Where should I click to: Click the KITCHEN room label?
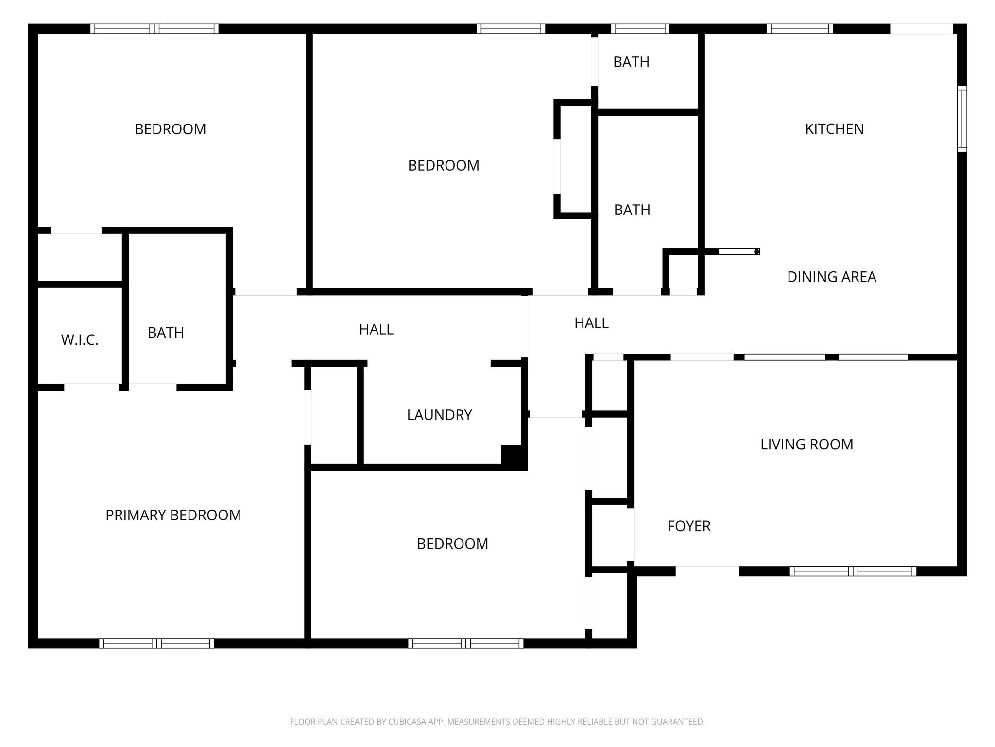[x=834, y=129]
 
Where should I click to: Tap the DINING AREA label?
[x=831, y=277]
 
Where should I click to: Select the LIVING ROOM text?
[x=806, y=445]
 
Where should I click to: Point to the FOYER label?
[x=688, y=526]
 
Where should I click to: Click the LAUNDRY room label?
[x=439, y=415]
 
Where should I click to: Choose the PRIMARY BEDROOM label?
[x=173, y=515]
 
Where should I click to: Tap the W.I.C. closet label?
[x=80, y=340]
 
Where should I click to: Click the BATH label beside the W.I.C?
[x=166, y=333]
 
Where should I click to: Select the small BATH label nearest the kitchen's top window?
[x=631, y=62]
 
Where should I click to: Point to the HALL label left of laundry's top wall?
[x=376, y=330]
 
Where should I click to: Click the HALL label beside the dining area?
[x=591, y=323]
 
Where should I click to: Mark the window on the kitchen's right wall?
[x=962, y=119]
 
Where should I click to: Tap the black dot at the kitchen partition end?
[x=756, y=252]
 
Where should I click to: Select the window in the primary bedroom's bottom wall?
[x=156, y=643]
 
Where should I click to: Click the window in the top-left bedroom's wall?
[x=154, y=29]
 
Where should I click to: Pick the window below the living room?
[x=853, y=571]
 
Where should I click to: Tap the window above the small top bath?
[x=640, y=29]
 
